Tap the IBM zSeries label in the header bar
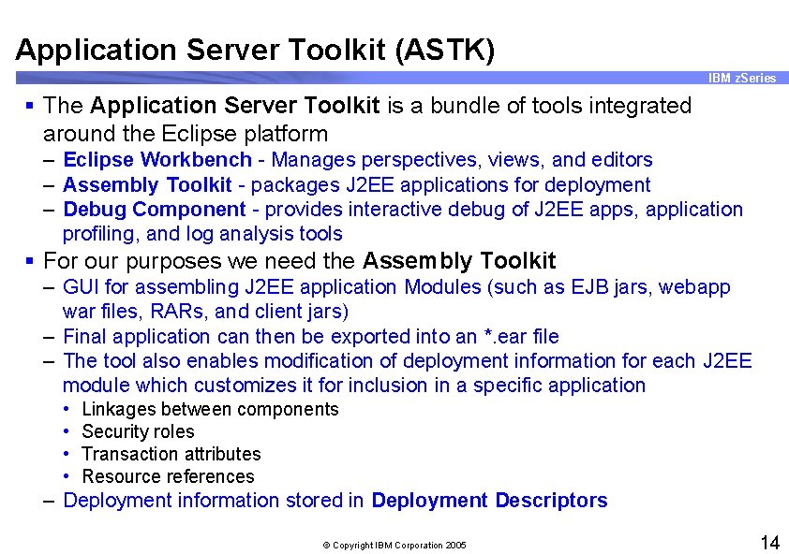click(742, 79)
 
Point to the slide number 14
click(769, 543)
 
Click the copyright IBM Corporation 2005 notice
click(394, 545)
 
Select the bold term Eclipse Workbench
click(156, 160)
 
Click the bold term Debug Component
click(154, 210)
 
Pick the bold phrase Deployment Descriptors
click(489, 501)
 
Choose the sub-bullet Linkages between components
click(210, 409)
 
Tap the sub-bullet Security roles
click(138, 431)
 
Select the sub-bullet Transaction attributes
click(171, 454)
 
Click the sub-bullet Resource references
click(168, 476)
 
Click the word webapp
click(694, 287)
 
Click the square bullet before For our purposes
click(31, 260)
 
